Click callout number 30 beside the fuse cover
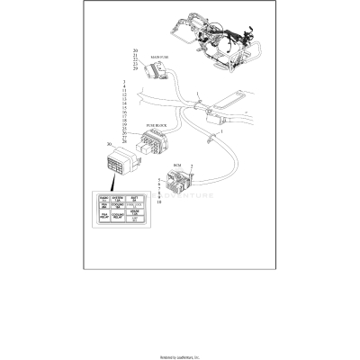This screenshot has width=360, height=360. (x=109, y=144)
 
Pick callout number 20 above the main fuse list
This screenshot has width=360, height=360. (x=135, y=50)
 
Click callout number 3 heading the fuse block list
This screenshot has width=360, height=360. (x=123, y=84)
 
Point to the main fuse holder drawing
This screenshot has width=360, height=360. (x=157, y=68)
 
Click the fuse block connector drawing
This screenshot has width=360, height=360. (x=154, y=143)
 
